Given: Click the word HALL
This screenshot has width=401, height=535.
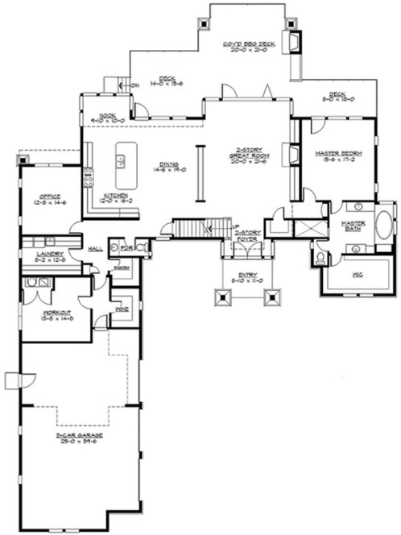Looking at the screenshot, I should [93, 249].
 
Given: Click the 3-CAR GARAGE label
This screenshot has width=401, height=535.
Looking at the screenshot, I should [78, 438].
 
